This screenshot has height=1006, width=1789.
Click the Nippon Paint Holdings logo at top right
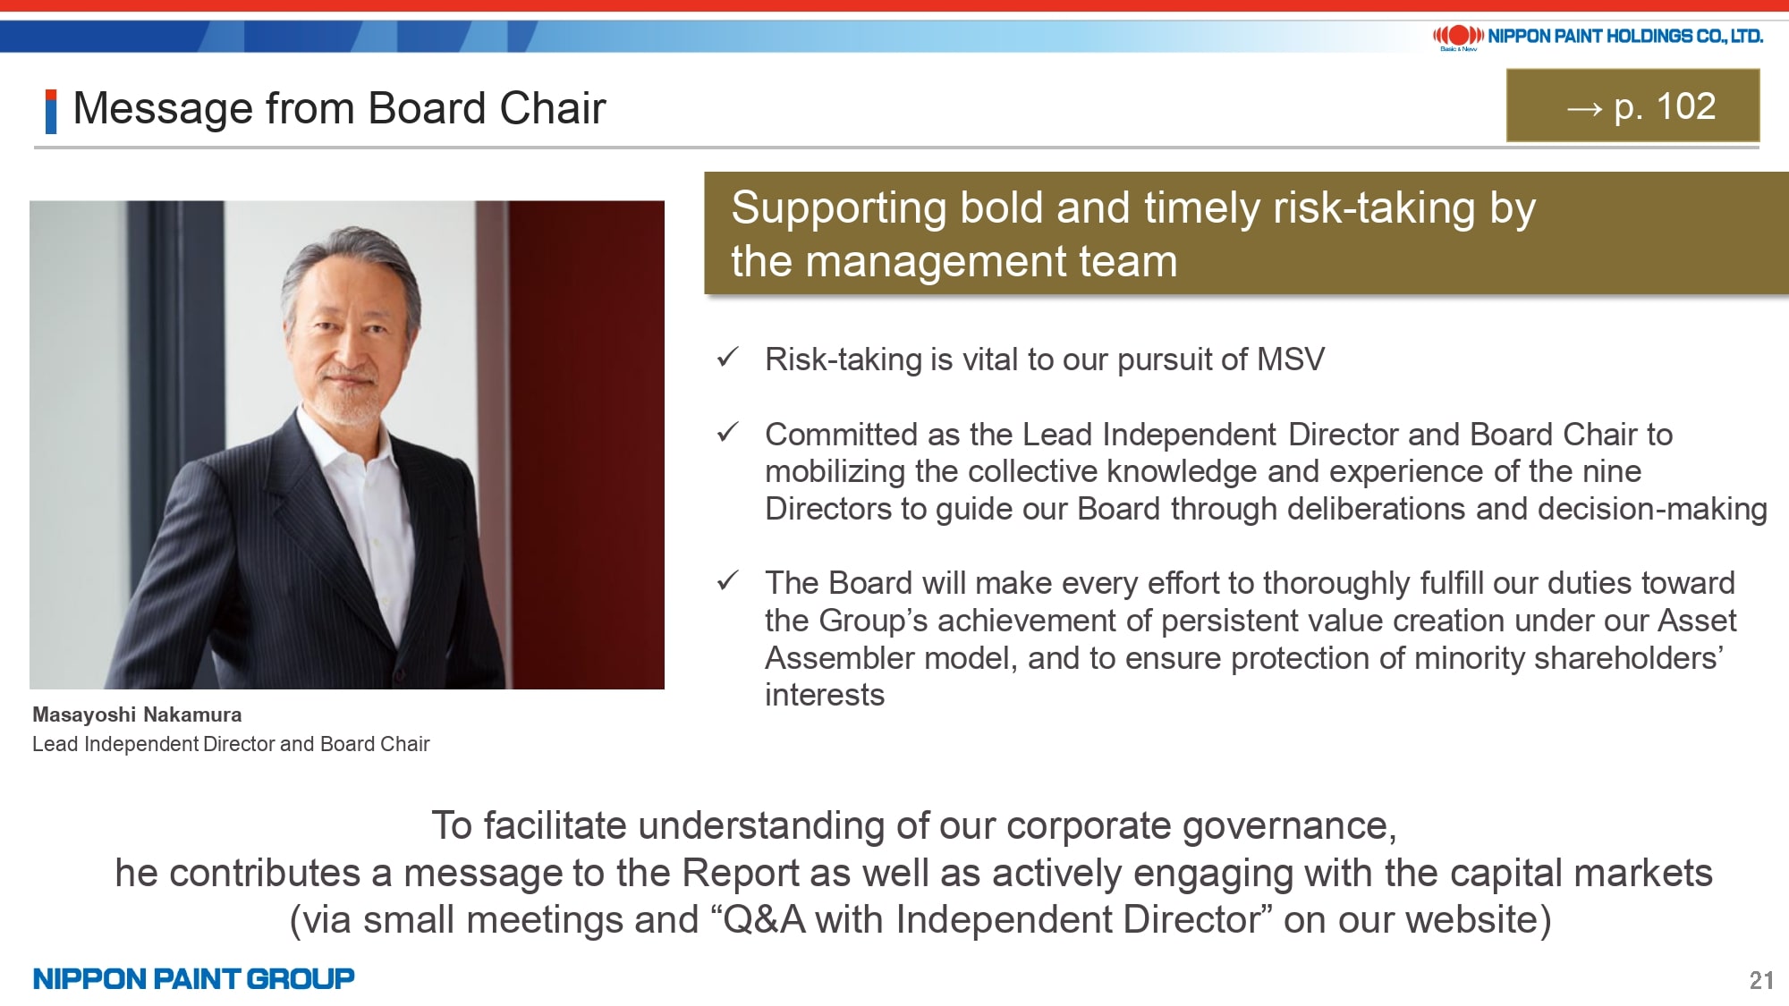(x=1598, y=37)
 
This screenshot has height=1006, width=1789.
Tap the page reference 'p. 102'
(x=1665, y=106)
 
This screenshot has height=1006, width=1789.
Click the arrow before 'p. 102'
(x=1584, y=109)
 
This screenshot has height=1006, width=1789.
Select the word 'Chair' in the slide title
(x=553, y=108)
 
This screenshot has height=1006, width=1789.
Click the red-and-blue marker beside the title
(x=51, y=112)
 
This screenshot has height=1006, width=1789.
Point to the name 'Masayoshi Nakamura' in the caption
(x=137, y=714)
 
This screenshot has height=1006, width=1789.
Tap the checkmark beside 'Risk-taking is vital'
(x=727, y=358)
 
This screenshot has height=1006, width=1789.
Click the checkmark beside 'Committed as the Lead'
(x=727, y=433)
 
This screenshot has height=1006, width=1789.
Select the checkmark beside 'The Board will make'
(x=727, y=581)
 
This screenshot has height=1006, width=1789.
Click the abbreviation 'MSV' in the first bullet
(x=1291, y=359)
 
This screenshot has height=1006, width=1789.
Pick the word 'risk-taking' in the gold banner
(x=1374, y=208)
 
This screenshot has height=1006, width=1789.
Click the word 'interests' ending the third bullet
(x=825, y=695)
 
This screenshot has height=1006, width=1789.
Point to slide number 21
(x=1761, y=980)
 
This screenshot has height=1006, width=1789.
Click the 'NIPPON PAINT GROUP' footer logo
(x=193, y=978)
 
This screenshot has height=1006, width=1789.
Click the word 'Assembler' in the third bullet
(x=840, y=658)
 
